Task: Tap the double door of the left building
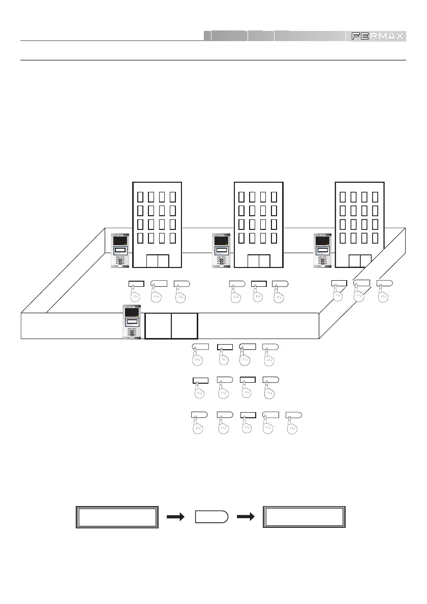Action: point(157,261)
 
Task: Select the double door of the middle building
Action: point(259,261)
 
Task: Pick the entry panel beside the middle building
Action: point(221,250)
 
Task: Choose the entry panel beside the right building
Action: point(323,250)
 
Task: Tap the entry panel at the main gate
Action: point(132,322)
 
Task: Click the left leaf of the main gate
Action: point(158,326)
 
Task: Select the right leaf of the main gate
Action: point(184,326)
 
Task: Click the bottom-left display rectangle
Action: point(116,517)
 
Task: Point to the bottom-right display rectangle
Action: point(303,517)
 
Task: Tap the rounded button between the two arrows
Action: point(211,517)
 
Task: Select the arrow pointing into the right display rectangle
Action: point(246,517)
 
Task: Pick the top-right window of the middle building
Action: point(274,196)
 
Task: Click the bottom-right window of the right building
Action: point(375,238)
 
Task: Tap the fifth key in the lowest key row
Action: point(293,415)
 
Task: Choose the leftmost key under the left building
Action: point(137,283)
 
